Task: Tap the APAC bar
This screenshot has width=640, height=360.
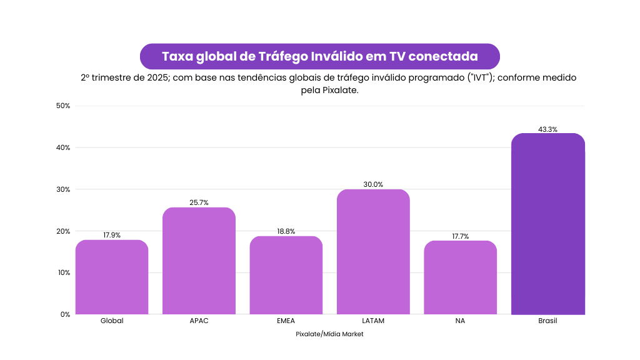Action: pyautogui.click(x=199, y=261)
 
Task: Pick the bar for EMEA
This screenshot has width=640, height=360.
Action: pyautogui.click(x=286, y=275)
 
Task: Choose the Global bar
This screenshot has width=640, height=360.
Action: pyautogui.click(x=112, y=277)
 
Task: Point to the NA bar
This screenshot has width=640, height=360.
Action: pyautogui.click(x=460, y=277)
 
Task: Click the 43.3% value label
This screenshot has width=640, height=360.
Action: pyautogui.click(x=547, y=129)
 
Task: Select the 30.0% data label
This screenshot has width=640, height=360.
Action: pyautogui.click(x=373, y=184)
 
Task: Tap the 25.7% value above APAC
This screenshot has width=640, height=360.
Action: pyautogui.click(x=199, y=202)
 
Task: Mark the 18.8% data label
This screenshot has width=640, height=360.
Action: pyautogui.click(x=286, y=231)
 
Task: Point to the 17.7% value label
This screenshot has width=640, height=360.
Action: pyautogui.click(x=460, y=236)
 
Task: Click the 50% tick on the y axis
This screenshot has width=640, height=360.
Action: pyautogui.click(x=62, y=106)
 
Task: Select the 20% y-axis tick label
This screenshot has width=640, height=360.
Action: pyautogui.click(x=62, y=231)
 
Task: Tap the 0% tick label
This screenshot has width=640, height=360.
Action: pyautogui.click(x=65, y=314)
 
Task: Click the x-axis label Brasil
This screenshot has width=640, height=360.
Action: pyautogui.click(x=547, y=321)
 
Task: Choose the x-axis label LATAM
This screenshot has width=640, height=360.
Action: pyautogui.click(x=373, y=321)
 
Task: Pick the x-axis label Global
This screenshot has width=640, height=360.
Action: pyautogui.click(x=112, y=321)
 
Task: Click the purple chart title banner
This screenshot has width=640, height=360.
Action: pyautogui.click(x=319, y=56)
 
